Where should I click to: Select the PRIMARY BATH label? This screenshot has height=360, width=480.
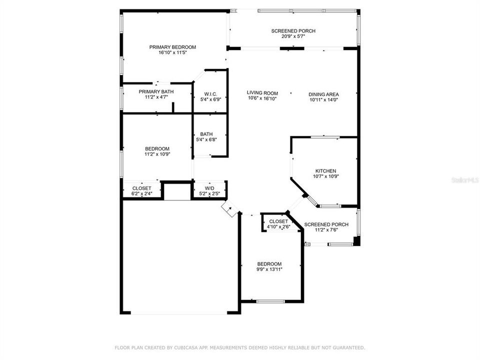(x=156, y=91)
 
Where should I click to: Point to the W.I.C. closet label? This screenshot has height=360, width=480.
(x=210, y=94)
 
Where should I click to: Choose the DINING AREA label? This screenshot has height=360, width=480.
(x=323, y=94)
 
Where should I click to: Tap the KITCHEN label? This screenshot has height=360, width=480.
(x=325, y=171)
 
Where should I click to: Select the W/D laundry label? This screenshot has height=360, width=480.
(x=209, y=188)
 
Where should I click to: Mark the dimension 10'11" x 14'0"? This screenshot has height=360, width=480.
(x=323, y=99)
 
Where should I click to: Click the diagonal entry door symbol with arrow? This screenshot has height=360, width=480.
(x=230, y=209)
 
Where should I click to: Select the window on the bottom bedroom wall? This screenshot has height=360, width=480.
(x=270, y=301)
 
